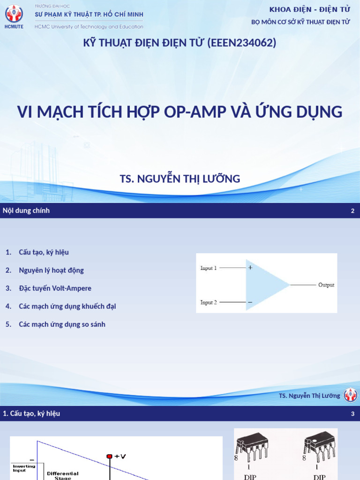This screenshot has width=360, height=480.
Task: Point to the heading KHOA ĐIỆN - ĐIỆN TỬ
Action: [310, 10]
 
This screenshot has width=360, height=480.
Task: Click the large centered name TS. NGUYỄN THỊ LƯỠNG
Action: [180, 179]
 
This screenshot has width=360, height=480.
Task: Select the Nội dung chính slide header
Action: [26, 211]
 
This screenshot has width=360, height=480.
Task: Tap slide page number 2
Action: [352, 211]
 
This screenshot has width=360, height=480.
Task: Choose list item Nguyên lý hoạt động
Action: [51, 270]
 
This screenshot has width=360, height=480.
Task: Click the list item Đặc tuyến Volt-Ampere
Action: [55, 288]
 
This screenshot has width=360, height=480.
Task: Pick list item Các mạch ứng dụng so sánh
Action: [62, 324]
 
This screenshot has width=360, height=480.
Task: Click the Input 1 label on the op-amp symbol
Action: [209, 268]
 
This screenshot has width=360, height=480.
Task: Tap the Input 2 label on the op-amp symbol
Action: [209, 303]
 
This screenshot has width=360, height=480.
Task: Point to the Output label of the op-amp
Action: [326, 285]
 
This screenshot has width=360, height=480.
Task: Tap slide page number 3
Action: [352, 414]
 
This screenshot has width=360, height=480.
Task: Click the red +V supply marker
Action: [110, 456]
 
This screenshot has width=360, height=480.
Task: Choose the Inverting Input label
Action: [24, 468]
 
